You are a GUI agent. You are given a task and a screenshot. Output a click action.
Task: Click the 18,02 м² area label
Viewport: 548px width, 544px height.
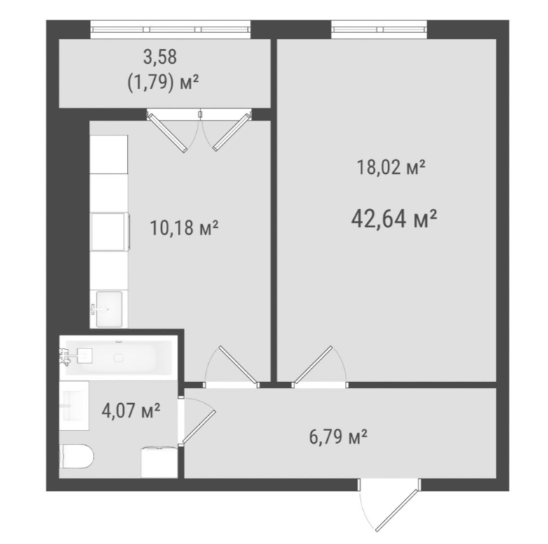391,167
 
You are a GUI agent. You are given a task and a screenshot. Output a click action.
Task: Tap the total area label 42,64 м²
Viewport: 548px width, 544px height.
394,219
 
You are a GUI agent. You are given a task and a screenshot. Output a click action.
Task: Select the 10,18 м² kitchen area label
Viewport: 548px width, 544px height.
184,228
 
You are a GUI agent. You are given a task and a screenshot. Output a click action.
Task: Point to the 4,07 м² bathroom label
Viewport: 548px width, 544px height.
131,410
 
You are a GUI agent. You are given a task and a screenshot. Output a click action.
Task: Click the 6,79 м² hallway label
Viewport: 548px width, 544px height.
338,437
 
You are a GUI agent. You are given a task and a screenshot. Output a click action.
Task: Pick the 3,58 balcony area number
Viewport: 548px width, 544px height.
160,57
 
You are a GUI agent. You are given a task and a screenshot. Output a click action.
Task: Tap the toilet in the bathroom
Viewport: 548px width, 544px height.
77,456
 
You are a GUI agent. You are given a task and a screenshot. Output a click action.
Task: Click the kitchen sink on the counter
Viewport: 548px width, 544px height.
109,309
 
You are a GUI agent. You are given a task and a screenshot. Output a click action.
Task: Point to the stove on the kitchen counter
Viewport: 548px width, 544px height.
110,232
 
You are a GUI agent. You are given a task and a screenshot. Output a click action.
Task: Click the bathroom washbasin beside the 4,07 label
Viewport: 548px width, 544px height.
74,406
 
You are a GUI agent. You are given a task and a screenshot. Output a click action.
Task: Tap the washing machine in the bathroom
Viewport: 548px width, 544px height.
159,462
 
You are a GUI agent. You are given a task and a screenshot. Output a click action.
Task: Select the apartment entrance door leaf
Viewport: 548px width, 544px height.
397,510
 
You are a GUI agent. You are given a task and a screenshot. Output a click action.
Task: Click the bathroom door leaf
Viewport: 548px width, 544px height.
198,427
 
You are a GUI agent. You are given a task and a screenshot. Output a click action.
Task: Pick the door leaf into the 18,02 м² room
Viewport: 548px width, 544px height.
313,365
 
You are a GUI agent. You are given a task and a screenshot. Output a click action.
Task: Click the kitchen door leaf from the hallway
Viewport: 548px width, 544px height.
238,365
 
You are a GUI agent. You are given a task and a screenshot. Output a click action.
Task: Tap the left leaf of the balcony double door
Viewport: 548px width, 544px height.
167,132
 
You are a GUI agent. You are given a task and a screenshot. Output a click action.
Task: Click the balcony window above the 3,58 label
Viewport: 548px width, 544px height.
170,29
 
